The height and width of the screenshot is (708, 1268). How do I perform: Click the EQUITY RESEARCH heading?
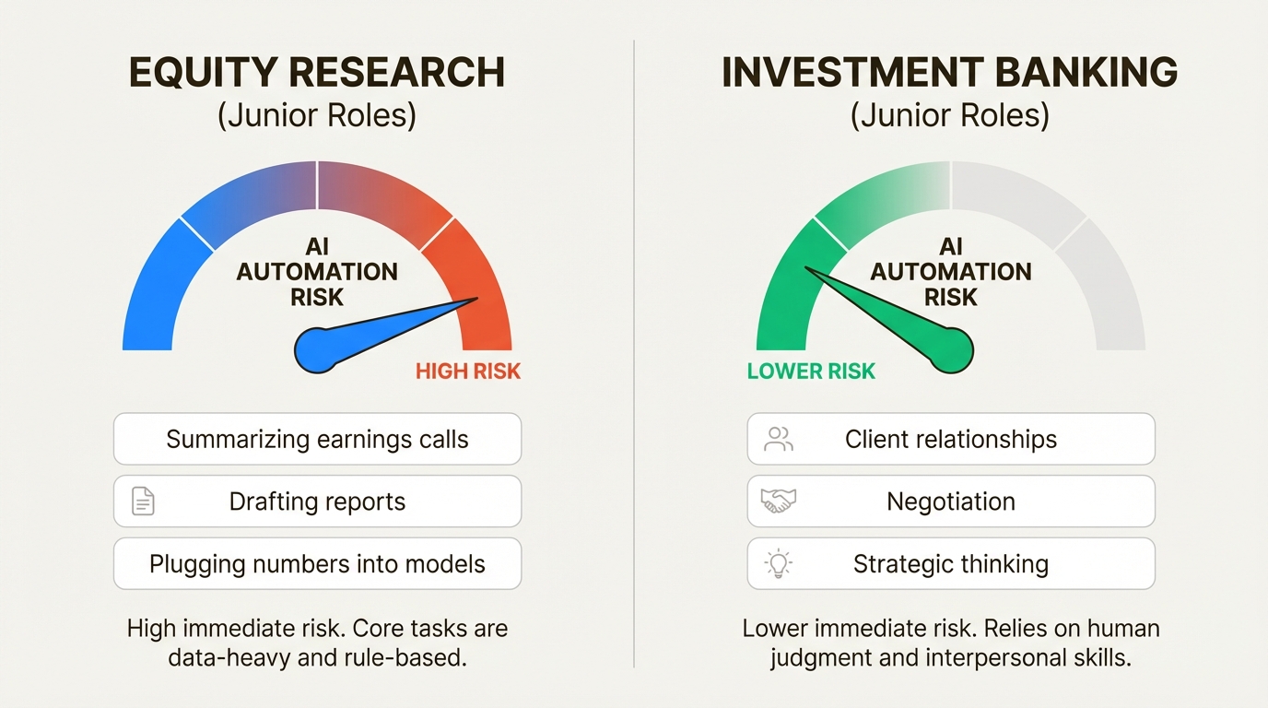click(x=317, y=73)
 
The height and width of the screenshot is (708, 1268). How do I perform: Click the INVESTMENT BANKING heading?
click(x=950, y=73)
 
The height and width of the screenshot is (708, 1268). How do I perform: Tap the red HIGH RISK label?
click(x=468, y=372)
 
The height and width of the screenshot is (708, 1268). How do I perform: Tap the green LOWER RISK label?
click(x=811, y=372)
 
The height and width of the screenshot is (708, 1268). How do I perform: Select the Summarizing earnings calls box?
click(x=317, y=439)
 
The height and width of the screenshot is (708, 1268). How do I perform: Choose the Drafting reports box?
click(x=317, y=501)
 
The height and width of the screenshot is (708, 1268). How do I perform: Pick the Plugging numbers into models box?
click(x=317, y=564)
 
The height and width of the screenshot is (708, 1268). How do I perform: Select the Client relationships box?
click(x=950, y=439)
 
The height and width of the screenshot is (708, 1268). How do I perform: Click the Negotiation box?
click(x=950, y=501)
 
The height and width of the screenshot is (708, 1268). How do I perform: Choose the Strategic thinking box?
click(x=950, y=564)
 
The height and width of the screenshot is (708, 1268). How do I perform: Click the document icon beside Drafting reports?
click(x=143, y=501)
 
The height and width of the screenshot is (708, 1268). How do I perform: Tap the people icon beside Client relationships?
click(x=779, y=439)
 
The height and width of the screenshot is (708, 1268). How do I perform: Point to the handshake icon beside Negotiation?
click(x=778, y=501)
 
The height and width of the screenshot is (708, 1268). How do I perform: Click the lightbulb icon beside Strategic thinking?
click(x=778, y=564)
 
